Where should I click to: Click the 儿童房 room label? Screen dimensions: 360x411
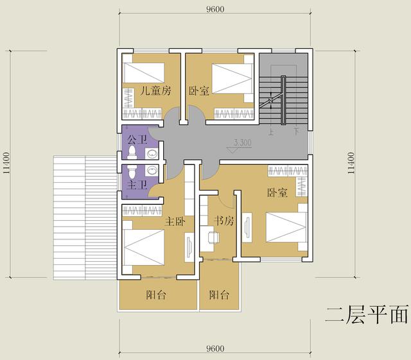pyautogui.click(x=156, y=90)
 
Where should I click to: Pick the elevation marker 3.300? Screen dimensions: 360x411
pyautogui.click(x=243, y=142)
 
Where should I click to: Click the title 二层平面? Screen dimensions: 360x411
pyautogui.click(x=366, y=315)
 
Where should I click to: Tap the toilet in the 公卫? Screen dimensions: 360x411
pyautogui.click(x=132, y=153)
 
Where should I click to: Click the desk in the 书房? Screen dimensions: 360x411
pyautogui.click(x=212, y=238)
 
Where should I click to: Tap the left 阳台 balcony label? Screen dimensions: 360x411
pyautogui.click(x=156, y=296)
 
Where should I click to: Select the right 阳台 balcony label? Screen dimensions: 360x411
pyautogui.click(x=219, y=296)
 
